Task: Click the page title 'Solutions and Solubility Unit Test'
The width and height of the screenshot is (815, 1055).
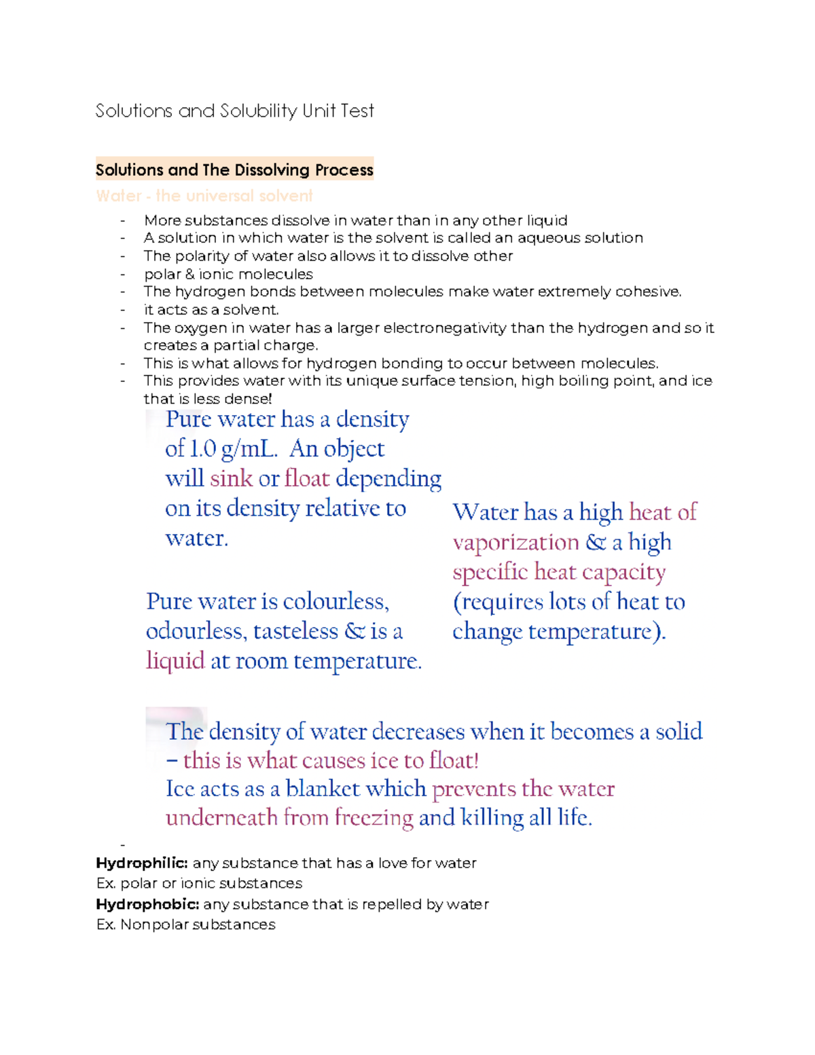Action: click(x=234, y=111)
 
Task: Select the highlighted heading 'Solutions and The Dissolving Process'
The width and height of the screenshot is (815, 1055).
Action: click(x=234, y=170)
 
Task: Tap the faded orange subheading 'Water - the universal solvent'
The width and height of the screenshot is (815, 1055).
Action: click(x=204, y=196)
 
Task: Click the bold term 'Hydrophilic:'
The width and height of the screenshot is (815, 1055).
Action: click(x=141, y=863)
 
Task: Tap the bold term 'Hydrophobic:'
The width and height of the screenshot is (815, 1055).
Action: click(x=147, y=905)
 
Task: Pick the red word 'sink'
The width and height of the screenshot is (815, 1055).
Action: click(x=231, y=479)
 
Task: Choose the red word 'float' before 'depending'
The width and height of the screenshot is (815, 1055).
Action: click(x=307, y=479)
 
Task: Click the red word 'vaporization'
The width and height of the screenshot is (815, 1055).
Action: click(x=515, y=543)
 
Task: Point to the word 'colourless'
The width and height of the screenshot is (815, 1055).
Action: click(x=335, y=602)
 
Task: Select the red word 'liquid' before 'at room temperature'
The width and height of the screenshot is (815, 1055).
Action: click(x=175, y=661)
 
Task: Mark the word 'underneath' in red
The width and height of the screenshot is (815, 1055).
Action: click(x=221, y=818)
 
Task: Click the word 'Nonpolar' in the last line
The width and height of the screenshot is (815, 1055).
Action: click(x=154, y=925)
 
